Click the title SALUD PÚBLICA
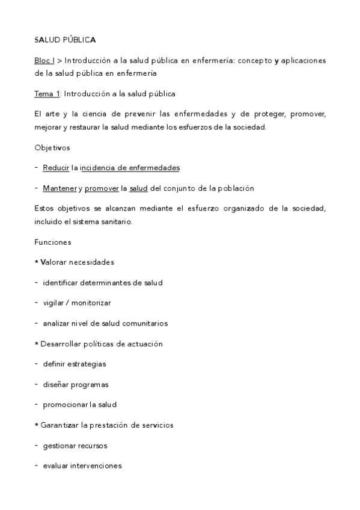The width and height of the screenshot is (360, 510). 65,40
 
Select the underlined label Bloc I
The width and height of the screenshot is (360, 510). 44,61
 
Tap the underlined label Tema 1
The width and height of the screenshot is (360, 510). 47,94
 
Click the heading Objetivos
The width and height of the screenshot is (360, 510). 52,147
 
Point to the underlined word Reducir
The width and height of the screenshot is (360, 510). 56,167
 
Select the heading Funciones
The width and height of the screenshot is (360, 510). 53,242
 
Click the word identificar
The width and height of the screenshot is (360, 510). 62,282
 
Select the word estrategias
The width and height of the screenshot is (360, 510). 88,364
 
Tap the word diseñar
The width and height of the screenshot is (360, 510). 56,384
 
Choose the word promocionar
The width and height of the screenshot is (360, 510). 67,405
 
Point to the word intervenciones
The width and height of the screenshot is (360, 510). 95,465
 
